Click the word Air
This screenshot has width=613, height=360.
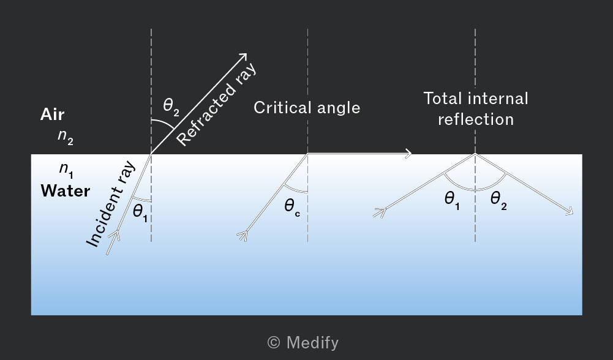pyautogui.click(x=52, y=114)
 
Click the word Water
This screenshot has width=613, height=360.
pyautogui.click(x=66, y=191)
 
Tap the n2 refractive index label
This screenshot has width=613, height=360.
pyautogui.click(x=66, y=137)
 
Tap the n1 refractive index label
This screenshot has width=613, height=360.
pyautogui.click(x=66, y=170)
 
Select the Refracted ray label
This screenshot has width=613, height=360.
pyautogui.click(x=216, y=103)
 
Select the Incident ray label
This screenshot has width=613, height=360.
pyautogui.click(x=111, y=204)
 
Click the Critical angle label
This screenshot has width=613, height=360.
pyautogui.click(x=307, y=108)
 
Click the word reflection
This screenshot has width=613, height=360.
pyautogui.click(x=476, y=119)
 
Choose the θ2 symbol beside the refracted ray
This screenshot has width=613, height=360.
pyautogui.click(x=171, y=107)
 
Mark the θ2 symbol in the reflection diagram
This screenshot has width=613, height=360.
pyautogui.click(x=498, y=201)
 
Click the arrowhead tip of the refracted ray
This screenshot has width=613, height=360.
pyautogui.click(x=247, y=53)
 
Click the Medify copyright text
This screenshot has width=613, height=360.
pyautogui.click(x=303, y=342)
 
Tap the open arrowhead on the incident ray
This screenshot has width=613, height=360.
pyautogui.click(x=115, y=235)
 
